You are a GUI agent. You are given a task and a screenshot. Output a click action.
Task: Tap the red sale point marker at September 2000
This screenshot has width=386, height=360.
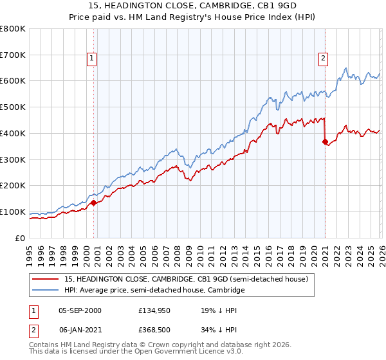(x=93, y=203)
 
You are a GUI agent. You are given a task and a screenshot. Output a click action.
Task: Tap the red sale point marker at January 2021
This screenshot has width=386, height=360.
(x=325, y=141)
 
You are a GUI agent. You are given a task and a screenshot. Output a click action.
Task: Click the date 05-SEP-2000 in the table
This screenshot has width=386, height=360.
(x=80, y=310)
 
